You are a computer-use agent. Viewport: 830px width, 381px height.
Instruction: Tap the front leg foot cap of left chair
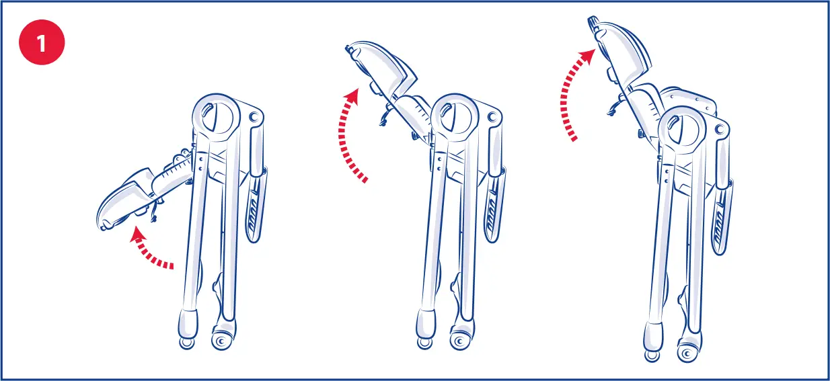[188, 326]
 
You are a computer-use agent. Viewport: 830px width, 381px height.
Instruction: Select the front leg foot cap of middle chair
[425, 326]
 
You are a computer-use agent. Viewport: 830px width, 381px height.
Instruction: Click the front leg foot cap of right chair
[652, 336]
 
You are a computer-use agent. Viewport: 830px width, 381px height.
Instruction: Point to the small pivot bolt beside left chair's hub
[254, 117]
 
